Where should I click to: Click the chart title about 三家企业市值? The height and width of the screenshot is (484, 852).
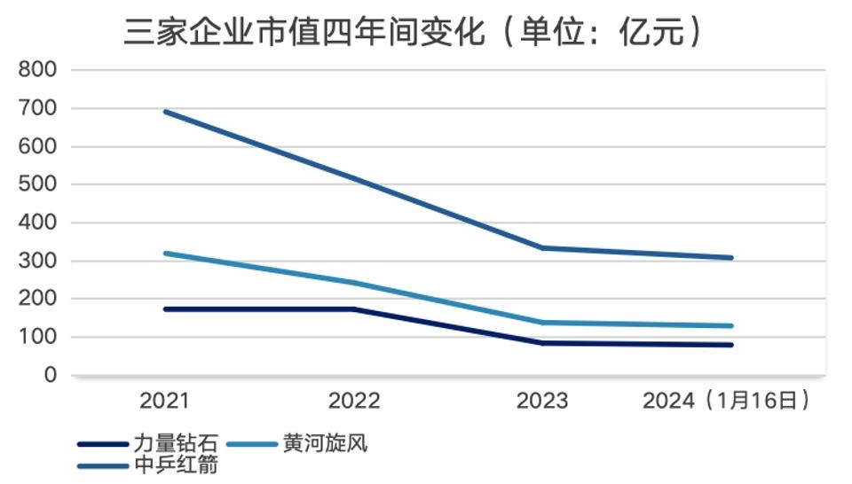coord(413,32)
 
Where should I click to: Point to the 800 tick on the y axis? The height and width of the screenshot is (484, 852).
coord(38,70)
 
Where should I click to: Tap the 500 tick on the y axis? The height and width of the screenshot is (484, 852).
coord(38,184)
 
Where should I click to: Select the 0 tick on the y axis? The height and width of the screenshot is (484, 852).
coord(50,376)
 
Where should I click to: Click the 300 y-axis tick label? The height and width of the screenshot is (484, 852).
coord(38,262)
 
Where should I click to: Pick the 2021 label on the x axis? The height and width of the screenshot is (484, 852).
coord(164,402)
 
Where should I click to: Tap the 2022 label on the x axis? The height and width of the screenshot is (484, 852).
coord(354,402)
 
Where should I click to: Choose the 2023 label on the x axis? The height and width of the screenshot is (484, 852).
coord(542,402)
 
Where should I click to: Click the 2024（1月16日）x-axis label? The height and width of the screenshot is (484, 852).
coord(727,402)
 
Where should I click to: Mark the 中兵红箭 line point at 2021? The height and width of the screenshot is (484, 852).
coord(166,112)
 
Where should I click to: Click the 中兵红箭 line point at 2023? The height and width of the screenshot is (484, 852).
coord(543,248)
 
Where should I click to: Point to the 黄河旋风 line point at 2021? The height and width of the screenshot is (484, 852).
coord(166,254)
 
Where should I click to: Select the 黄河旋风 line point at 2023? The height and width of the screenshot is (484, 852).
coord(543,323)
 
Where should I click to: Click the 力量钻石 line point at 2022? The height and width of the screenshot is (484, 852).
coord(354,309)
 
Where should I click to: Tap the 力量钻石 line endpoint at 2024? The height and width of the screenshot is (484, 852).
coord(731,345)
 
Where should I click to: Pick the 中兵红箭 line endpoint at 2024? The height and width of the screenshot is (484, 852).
coord(731,258)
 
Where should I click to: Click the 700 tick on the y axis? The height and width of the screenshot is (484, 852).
coord(38,108)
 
